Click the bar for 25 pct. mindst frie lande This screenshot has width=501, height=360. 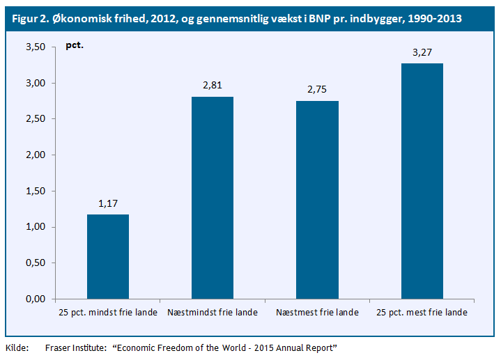coord(108,256)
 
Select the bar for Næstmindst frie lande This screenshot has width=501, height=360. coord(213,198)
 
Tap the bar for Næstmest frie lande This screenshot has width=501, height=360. coord(317,200)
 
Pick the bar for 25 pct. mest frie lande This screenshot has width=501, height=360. coord(422,181)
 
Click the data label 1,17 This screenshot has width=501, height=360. coord(108,203)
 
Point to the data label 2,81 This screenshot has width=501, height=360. coord(213,86)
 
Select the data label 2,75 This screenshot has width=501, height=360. coord(317,90)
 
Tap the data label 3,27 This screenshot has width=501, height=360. coord(422,52)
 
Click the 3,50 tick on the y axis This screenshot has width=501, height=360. coord(34,47)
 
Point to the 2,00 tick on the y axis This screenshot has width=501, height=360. coord(34,155)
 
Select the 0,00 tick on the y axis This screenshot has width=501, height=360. coord(34,299)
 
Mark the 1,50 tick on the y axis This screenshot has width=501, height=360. coord(34,191)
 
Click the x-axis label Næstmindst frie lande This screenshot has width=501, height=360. coord(213,313)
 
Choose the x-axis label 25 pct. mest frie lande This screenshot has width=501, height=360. coord(422,313)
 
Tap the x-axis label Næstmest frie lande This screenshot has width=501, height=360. coord(317,313)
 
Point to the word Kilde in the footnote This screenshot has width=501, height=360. coord(17,347)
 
